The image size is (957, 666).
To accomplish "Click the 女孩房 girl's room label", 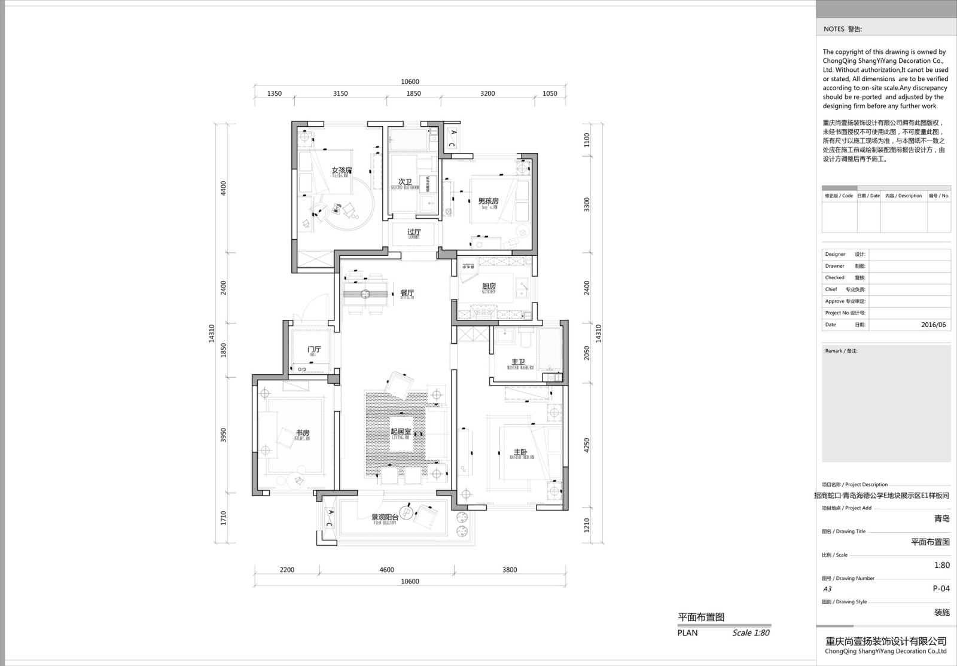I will [342, 171].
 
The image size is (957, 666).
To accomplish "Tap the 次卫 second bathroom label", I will [405, 182].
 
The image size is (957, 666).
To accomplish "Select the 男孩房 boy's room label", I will [488, 201].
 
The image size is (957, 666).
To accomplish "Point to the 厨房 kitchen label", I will [489, 287].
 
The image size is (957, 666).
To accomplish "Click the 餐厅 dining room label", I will [407, 294].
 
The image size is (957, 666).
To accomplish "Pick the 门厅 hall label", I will [313, 350].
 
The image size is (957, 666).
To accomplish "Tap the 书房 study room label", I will [302, 433].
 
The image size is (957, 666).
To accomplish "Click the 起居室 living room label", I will [400, 432].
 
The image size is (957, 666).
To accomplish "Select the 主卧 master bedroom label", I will [521, 453].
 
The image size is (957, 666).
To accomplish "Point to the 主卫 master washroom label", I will [518, 362].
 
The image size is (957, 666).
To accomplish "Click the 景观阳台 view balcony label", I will [385, 517].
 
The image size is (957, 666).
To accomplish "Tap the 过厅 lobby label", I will [414, 232].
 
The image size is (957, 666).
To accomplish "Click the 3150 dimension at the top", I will [340, 93].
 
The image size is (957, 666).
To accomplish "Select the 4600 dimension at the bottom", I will [386, 570].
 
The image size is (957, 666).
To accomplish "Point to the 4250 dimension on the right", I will [587, 445].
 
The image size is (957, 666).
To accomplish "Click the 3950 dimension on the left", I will [224, 435].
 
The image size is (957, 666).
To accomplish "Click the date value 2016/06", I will [933, 325].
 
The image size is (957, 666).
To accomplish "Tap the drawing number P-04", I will [941, 588].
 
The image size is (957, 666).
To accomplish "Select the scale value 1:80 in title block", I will [941, 565].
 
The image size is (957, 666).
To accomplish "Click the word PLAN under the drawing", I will [687, 633].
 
